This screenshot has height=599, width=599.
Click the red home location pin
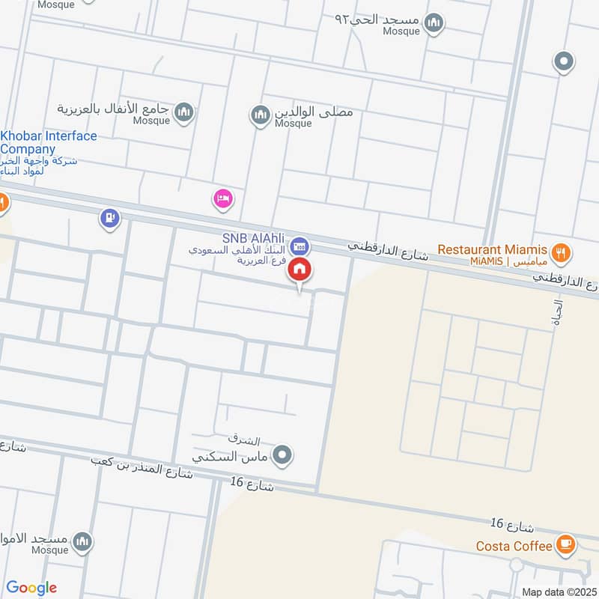[x=299, y=270]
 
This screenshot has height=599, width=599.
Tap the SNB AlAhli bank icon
[x=299, y=244]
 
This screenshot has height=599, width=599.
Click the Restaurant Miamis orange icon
[x=562, y=250]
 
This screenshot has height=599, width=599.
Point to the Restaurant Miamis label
[x=494, y=249]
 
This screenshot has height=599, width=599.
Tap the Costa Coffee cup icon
[x=566, y=545]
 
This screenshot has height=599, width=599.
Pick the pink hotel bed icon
[x=223, y=198]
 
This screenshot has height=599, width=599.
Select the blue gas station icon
[x=110, y=219]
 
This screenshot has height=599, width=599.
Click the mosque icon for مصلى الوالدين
[x=260, y=114]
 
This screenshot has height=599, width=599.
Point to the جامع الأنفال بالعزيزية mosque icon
[x=183, y=113]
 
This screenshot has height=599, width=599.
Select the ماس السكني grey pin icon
[x=282, y=454]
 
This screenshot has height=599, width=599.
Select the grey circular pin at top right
[x=563, y=61]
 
